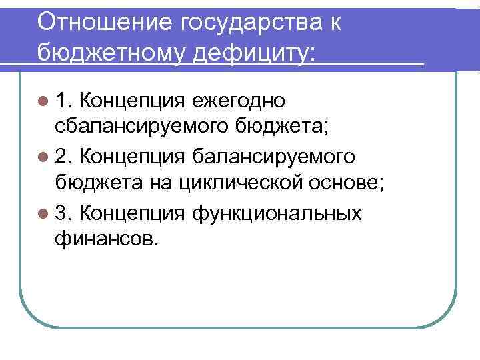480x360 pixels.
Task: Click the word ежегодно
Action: (x=238, y=101)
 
